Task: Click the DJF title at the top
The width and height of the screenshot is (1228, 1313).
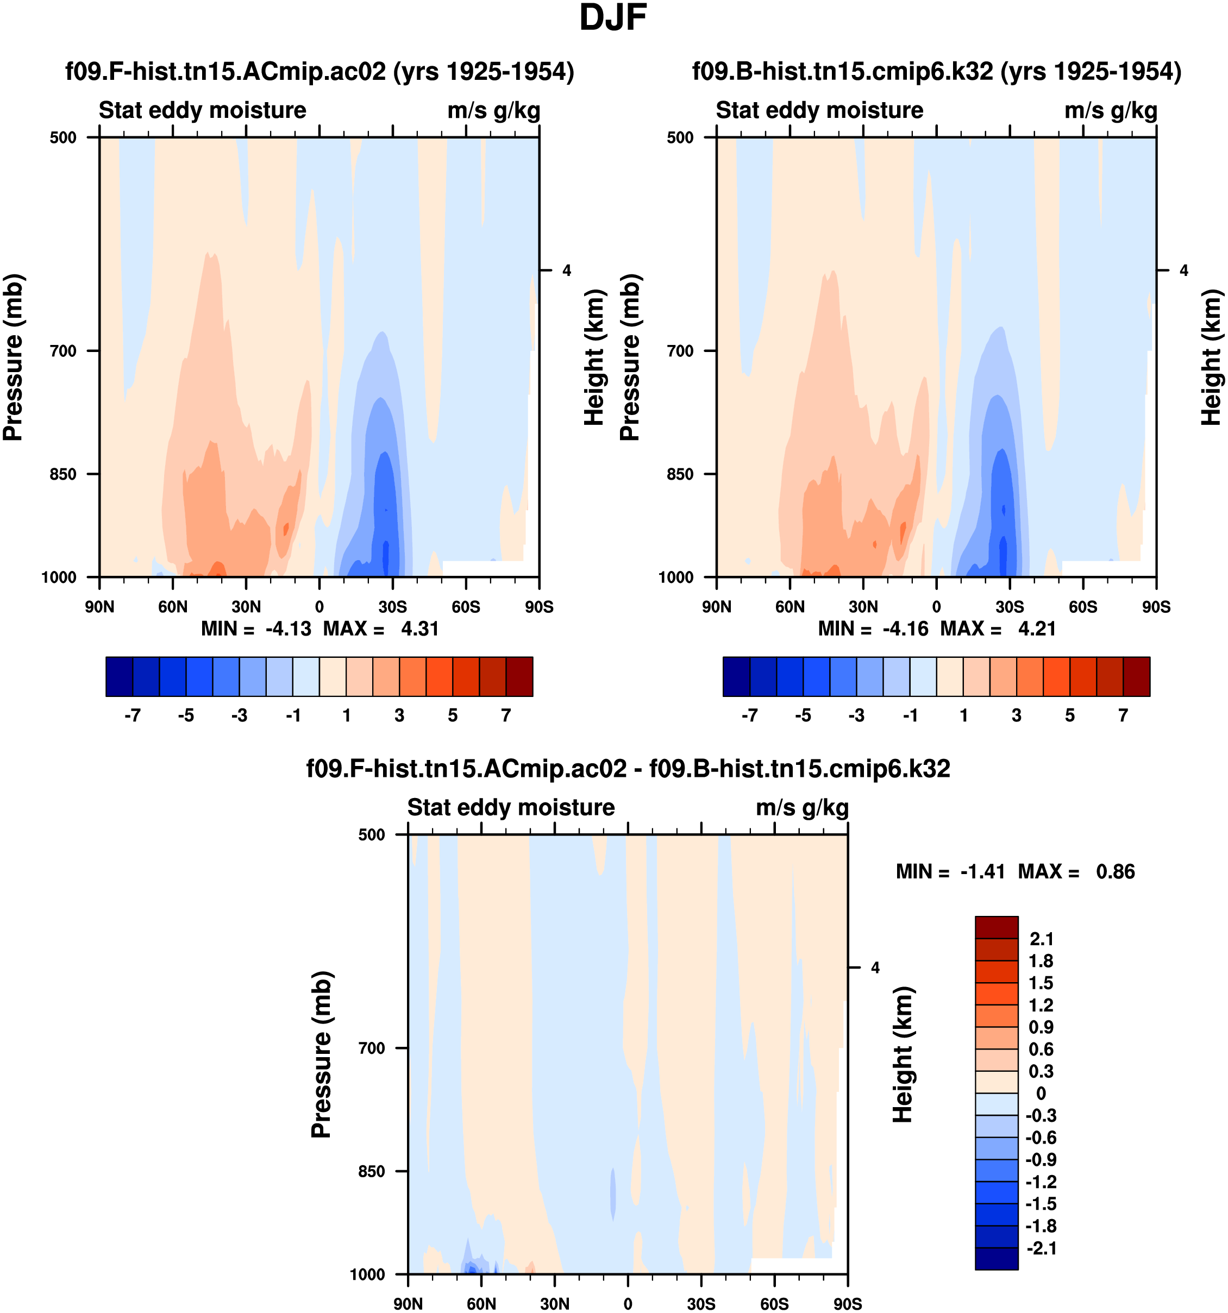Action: [x=612, y=18]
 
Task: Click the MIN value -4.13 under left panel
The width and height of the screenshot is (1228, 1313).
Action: [x=288, y=629]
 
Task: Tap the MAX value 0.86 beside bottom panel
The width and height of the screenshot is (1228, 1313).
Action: [x=1115, y=872]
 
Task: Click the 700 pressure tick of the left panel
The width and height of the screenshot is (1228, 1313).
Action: [x=64, y=351]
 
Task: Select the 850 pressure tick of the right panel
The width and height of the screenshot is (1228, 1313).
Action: [x=680, y=474]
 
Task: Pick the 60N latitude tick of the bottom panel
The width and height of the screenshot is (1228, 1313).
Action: [x=481, y=1304]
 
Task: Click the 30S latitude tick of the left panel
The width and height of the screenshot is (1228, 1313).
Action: [x=392, y=607]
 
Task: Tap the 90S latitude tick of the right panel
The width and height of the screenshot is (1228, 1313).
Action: [x=1156, y=607]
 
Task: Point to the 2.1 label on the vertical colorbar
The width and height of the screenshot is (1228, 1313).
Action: [x=1041, y=939]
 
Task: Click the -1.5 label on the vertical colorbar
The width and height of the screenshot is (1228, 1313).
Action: [x=1041, y=1203]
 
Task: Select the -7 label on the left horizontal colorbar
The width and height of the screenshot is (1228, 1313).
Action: [x=132, y=715]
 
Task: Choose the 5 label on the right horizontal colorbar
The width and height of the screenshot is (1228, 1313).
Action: [x=1069, y=715]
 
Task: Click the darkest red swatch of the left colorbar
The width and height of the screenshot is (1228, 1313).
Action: [x=519, y=676]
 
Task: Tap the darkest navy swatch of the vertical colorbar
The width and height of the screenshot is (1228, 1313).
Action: [x=996, y=1258]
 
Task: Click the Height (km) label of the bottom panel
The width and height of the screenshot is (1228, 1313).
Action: [x=903, y=1055]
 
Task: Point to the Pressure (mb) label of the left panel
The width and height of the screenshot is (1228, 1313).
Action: [x=13, y=357]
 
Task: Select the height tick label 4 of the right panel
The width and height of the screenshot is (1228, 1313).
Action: [x=1184, y=270]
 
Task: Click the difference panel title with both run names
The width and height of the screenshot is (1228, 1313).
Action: [x=628, y=769]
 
